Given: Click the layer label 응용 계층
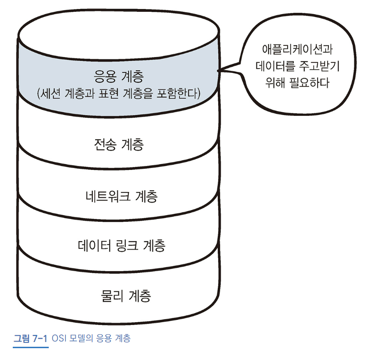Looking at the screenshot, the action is [x=119, y=76].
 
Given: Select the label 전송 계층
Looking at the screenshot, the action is [x=119, y=144].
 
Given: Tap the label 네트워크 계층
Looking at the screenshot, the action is [x=121, y=196].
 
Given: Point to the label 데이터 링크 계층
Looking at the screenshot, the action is [x=122, y=245].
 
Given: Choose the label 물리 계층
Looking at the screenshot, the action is [x=126, y=296].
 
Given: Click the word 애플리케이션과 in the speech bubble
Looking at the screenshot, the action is [x=297, y=49].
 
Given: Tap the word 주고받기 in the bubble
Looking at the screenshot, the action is [x=319, y=66].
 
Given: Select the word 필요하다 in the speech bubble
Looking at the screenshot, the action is [x=309, y=82].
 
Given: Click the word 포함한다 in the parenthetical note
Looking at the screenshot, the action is [x=178, y=93].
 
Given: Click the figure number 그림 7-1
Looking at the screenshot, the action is [x=30, y=338].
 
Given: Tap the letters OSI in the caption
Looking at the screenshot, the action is [x=59, y=338].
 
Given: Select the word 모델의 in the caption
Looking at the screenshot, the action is [x=81, y=338].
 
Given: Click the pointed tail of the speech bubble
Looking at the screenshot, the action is [x=218, y=70].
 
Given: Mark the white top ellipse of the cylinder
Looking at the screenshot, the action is [x=118, y=34].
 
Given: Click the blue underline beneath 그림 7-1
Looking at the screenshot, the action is [x=31, y=347].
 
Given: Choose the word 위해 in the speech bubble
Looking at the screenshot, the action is [x=275, y=82].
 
